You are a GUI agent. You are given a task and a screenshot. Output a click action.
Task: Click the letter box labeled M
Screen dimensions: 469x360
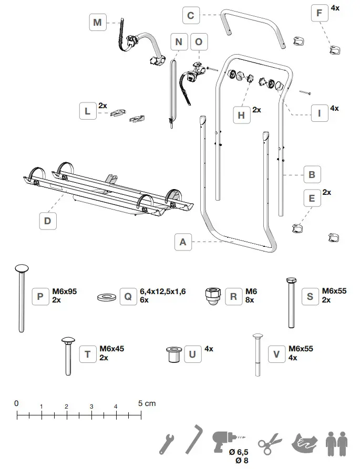click(97, 23)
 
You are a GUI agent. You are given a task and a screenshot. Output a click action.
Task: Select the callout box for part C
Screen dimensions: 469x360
click(191, 15)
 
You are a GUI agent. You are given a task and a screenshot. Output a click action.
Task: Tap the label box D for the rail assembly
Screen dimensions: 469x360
click(47, 221)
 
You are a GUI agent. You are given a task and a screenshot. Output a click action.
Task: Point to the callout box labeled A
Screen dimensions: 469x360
click(183, 242)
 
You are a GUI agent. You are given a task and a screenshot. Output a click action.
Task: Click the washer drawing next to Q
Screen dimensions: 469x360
click(107, 297)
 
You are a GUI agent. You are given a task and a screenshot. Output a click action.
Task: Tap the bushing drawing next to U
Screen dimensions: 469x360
click(172, 355)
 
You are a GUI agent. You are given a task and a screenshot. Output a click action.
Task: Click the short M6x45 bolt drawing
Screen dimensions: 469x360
click(68, 356)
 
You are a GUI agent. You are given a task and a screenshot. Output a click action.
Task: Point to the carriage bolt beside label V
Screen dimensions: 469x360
click(258, 355)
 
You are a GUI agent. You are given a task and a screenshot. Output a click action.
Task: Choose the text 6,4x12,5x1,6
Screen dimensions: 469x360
click(162, 291)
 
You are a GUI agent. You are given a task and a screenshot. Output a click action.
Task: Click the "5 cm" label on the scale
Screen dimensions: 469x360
click(147, 403)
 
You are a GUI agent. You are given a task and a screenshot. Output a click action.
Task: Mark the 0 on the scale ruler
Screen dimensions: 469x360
click(16, 403)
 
